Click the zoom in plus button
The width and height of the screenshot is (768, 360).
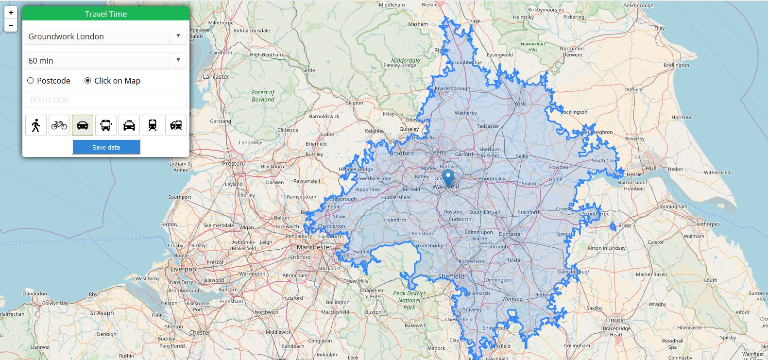pyautogui.click(x=11, y=13)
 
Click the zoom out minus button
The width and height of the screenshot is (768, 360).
pyautogui.click(x=11, y=25)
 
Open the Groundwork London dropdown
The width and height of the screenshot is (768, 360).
pyautogui.click(x=105, y=36)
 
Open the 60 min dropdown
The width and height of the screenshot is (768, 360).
pyautogui.click(x=105, y=61)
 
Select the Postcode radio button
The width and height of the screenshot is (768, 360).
pyautogui.click(x=31, y=81)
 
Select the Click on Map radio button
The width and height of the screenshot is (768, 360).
pyautogui.click(x=87, y=81)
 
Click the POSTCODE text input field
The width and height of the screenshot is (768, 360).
pyautogui.click(x=105, y=100)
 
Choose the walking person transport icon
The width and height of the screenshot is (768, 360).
pyautogui.click(x=36, y=125)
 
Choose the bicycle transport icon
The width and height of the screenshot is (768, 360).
pyautogui.click(x=59, y=125)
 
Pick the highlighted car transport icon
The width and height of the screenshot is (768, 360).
pyautogui.click(x=83, y=125)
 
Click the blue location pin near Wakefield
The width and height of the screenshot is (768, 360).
pyautogui.click(x=448, y=177)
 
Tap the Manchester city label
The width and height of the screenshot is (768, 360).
pyautogui.click(x=314, y=247)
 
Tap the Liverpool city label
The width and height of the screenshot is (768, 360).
pyautogui.click(x=184, y=269)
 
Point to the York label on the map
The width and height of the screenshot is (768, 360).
pyautogui.click(x=520, y=103)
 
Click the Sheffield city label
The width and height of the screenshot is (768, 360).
pyautogui.click(x=451, y=276)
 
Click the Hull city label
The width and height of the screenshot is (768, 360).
pyautogui.click(x=651, y=168)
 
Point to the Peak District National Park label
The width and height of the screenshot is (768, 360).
pyautogui.click(x=409, y=300)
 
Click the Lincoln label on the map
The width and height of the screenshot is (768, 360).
pyautogui.click(x=615, y=320)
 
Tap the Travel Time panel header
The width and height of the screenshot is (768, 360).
pyautogui.click(x=105, y=14)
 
